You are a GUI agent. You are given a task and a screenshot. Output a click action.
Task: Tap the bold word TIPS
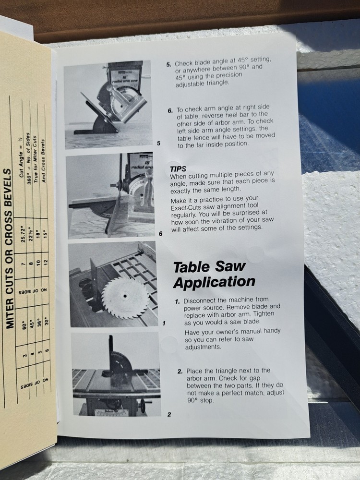[178, 169]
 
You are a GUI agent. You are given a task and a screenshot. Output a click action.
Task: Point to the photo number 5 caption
[158, 143]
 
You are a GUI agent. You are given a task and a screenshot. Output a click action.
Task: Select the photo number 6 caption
[160, 234]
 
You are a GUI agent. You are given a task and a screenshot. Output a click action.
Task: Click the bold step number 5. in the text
[168, 64]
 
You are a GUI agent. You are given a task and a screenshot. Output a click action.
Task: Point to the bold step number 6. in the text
[170, 111]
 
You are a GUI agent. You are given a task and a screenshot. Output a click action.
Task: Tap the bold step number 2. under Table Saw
[179, 371]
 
